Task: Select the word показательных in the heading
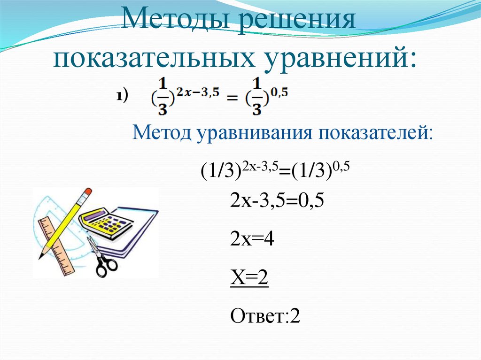154,58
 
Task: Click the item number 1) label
122,96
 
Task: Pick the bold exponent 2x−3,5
198,92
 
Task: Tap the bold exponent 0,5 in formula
279,92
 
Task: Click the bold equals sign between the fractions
232,99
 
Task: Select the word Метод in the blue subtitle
162,133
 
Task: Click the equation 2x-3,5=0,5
277,201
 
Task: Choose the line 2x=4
252,239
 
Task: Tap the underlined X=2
249,278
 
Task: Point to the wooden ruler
57,246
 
